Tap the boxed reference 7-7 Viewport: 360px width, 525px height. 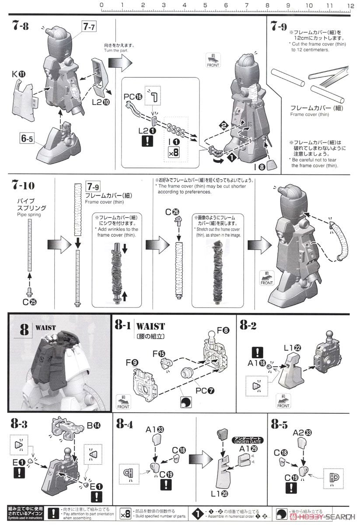(88, 27)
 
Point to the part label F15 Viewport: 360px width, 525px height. (159, 353)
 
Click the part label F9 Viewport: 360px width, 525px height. (132, 362)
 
